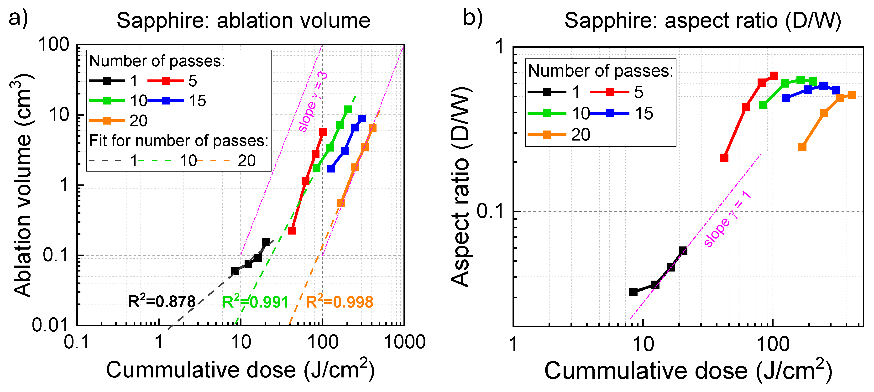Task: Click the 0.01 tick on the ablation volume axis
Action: pos(50,325)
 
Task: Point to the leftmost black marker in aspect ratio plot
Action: pos(633,292)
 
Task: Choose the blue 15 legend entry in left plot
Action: pos(176,101)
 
